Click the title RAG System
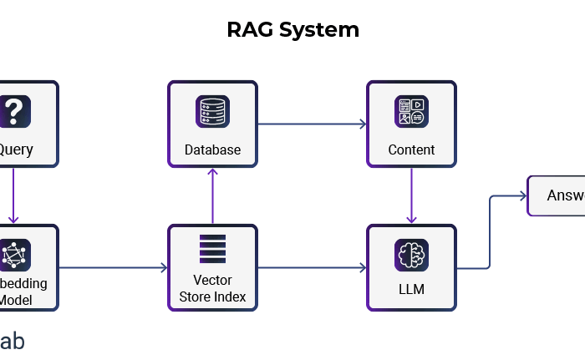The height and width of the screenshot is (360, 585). pyautogui.click(x=292, y=31)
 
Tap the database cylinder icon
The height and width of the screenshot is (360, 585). pyautogui.click(x=212, y=112)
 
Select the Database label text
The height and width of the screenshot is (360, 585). pyautogui.click(x=212, y=150)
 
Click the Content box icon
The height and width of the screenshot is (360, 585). pyautogui.click(x=411, y=112)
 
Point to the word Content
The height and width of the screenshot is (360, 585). pyautogui.click(x=411, y=150)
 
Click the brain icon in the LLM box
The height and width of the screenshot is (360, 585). pyautogui.click(x=411, y=255)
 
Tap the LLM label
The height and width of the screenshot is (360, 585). pyautogui.click(x=411, y=290)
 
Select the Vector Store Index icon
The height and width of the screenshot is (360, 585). pyautogui.click(x=212, y=248)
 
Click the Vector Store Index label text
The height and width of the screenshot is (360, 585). pyautogui.click(x=212, y=288)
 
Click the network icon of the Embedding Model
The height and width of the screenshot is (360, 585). pyautogui.click(x=14, y=255)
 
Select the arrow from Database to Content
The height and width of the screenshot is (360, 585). pyautogui.click(x=312, y=124)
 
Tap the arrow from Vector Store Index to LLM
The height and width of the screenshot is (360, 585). pyautogui.click(x=312, y=268)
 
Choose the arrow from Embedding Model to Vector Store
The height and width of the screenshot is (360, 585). pyautogui.click(x=113, y=268)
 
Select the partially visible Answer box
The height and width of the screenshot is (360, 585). pyautogui.click(x=557, y=195)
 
